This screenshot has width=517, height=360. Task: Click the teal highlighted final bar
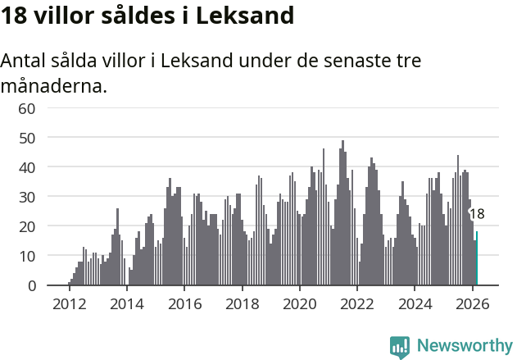(477, 259)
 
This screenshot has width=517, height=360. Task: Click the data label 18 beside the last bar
(477, 214)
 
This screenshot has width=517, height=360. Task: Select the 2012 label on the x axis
(69, 303)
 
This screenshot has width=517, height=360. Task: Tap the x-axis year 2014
(126, 303)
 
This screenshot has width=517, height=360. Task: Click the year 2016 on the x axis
(184, 303)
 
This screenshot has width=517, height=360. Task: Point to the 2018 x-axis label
(242, 303)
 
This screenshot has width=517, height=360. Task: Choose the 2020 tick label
(299, 303)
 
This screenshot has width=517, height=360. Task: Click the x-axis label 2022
(357, 303)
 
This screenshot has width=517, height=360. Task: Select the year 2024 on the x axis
(415, 303)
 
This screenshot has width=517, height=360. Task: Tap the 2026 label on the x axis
(472, 303)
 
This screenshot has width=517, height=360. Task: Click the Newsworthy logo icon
(400, 346)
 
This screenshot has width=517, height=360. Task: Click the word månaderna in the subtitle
(53, 85)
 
